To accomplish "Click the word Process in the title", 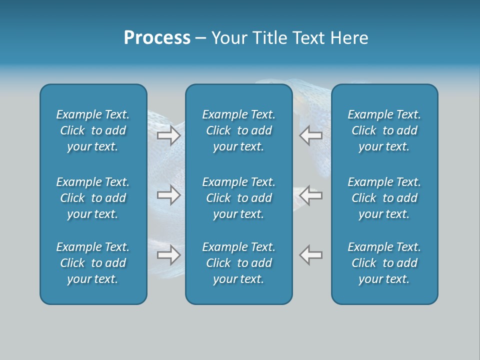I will point(157,38).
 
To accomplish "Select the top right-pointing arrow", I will point(169,135).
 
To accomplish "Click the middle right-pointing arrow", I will point(169,195).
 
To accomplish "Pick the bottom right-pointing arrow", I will point(169,255).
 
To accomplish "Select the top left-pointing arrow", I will point(310,135).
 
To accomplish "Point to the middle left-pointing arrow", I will point(310,195).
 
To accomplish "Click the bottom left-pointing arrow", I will point(310,255).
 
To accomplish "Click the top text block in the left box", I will point(93,130).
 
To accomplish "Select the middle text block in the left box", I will point(93,198).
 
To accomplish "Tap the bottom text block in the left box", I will point(93,263).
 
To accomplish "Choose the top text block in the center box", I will point(238,130).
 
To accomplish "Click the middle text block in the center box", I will point(238,198).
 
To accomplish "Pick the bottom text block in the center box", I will point(238,263).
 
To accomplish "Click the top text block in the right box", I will point(384,130).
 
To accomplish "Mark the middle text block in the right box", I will point(384,198).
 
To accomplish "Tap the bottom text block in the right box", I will point(384,263).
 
